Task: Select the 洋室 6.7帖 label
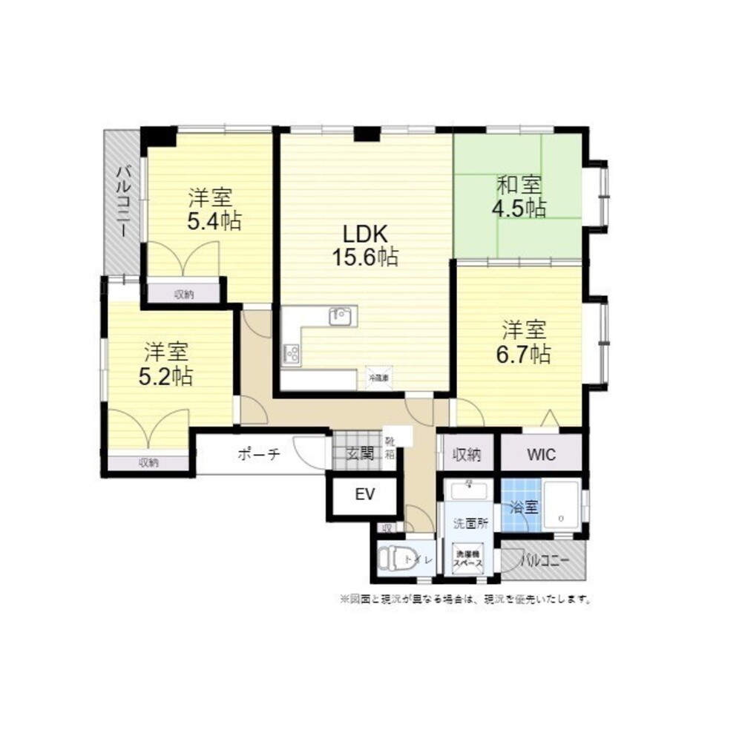tap(524, 342)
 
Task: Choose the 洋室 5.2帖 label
tap(166, 364)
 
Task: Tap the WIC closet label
tap(542, 454)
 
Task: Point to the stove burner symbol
tap(291, 353)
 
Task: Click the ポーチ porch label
tap(258, 455)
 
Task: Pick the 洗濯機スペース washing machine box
tap(469, 559)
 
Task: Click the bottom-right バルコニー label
tap(545, 560)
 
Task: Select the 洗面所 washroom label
tap(470, 522)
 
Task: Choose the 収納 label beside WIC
tap(467, 454)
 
